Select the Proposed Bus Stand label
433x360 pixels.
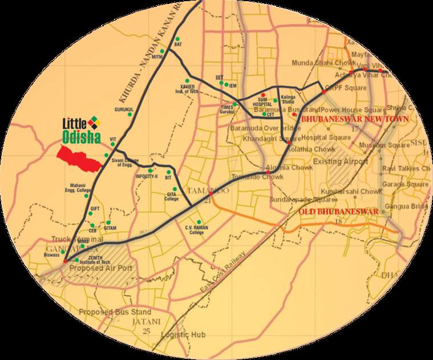coord(115,312)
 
